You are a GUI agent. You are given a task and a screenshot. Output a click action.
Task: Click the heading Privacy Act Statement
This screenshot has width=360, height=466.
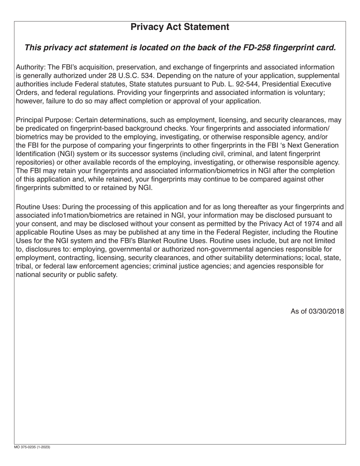(180, 27)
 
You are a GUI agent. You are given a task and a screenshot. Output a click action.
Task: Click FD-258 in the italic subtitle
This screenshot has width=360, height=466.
(256, 48)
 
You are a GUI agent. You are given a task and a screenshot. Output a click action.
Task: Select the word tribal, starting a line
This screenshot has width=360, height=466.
(24, 266)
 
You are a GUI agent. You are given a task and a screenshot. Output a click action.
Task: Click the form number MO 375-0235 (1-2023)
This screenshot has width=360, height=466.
(32, 447)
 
